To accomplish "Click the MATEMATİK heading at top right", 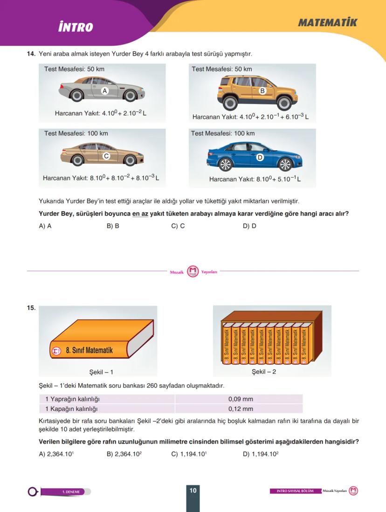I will [x=327, y=22].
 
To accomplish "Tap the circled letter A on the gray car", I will [x=105, y=91].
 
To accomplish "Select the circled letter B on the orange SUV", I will [x=262, y=91].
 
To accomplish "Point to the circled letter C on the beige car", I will [x=106, y=156].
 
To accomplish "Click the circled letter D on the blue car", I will [x=260, y=158].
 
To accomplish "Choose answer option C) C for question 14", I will [x=178, y=226].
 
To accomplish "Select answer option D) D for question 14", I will [x=249, y=226].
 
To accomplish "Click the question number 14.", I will [x=31, y=54].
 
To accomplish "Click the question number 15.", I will [x=31, y=308].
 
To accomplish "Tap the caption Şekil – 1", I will [x=101, y=372].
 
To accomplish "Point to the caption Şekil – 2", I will [x=264, y=372].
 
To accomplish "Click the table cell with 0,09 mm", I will [x=241, y=399].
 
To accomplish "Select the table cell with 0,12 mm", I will [x=241, y=409].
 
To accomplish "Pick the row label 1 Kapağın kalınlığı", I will [x=71, y=409].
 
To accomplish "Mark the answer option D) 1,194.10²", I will [x=261, y=454].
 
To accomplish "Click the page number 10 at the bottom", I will [x=193, y=490].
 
